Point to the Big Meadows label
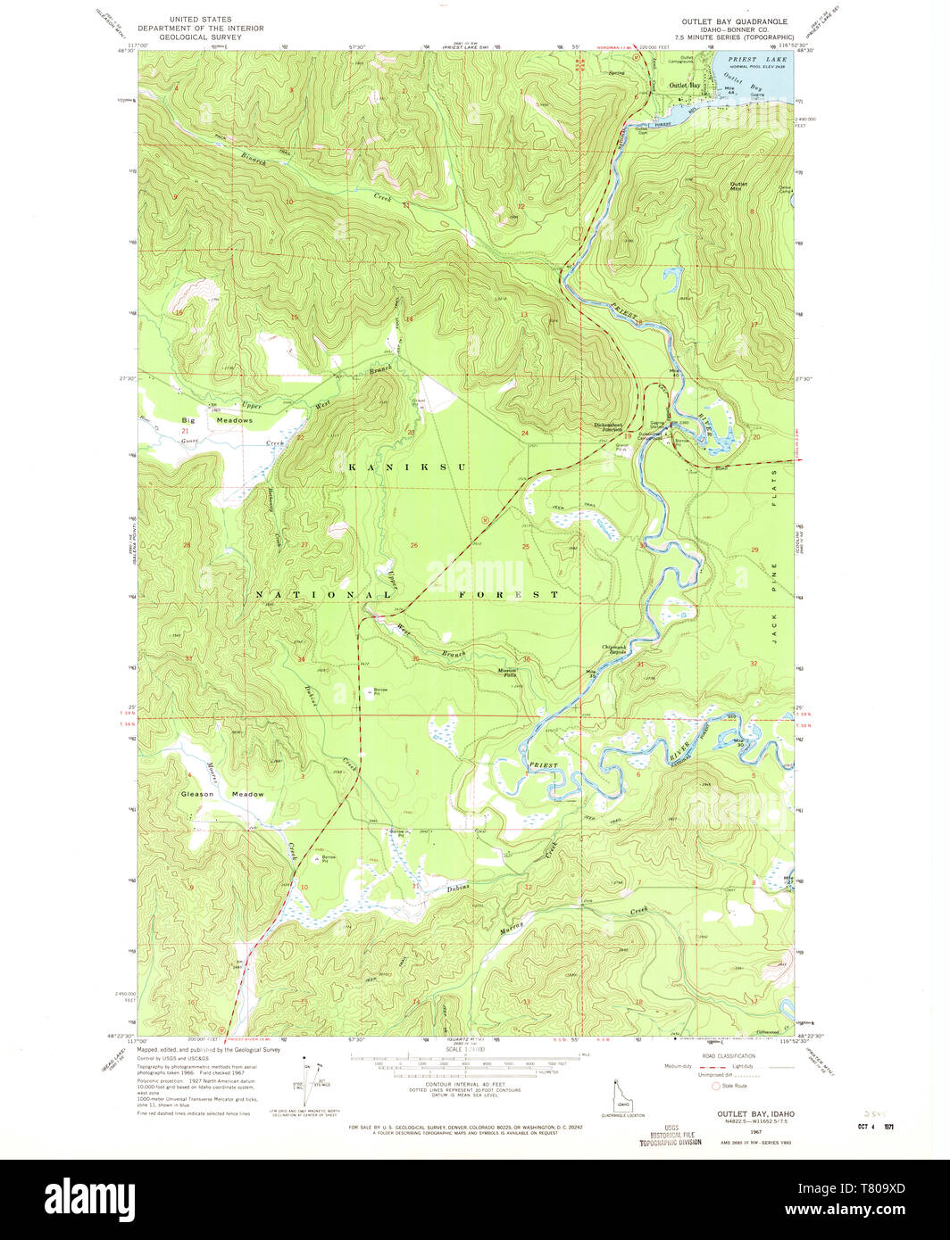[217, 419]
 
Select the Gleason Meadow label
[222, 794]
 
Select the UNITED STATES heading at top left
[200, 19]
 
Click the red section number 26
[413, 545]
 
